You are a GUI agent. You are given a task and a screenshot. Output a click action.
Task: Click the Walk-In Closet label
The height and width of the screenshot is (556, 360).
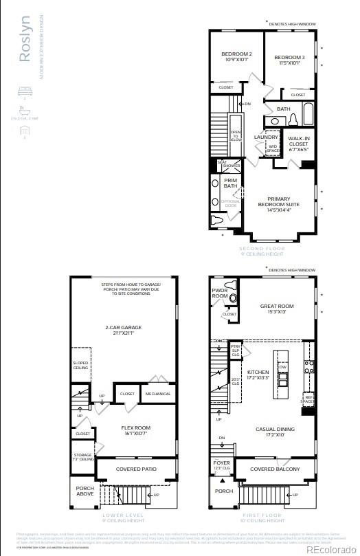pyautogui.click(x=298, y=142)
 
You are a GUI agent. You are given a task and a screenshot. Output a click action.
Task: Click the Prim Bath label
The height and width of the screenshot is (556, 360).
pyautogui.click(x=229, y=182)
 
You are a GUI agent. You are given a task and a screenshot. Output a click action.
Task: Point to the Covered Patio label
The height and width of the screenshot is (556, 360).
pyautogui.click(x=135, y=469)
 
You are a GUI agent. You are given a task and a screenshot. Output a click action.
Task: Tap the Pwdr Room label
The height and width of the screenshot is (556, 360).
pyautogui.click(x=220, y=293)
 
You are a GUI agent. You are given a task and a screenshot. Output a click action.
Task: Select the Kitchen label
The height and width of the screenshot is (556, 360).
pyautogui.click(x=257, y=375)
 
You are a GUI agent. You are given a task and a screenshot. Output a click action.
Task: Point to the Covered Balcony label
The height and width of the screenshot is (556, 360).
pyautogui.click(x=275, y=469)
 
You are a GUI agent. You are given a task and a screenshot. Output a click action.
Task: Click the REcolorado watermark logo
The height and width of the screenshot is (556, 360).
pyautogui.click(x=332, y=548)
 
